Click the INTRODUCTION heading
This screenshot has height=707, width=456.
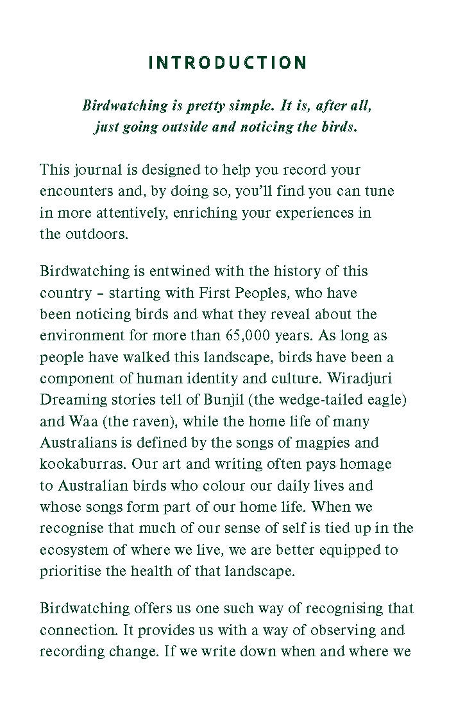point(228,63)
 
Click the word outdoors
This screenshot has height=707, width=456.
point(96,234)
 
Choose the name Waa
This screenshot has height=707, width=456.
point(80,421)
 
